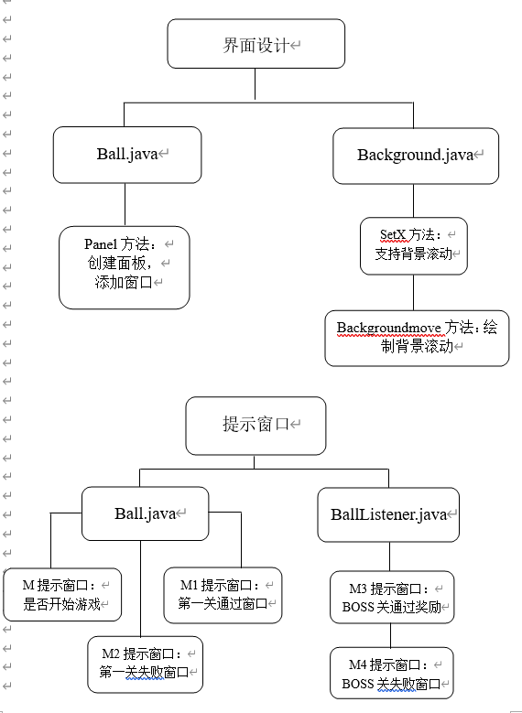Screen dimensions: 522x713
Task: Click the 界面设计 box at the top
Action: click(x=256, y=44)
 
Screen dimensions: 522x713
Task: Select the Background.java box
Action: click(x=416, y=156)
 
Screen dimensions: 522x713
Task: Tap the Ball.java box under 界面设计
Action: click(x=127, y=155)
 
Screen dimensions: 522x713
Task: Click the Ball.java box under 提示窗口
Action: click(x=145, y=513)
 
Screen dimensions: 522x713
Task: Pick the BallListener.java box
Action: click(x=388, y=514)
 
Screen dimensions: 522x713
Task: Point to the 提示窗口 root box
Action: click(x=256, y=426)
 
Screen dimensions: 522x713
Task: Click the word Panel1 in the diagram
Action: click(x=101, y=244)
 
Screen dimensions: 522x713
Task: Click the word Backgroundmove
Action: click(x=388, y=328)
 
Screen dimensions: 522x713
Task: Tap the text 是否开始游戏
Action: click(x=62, y=604)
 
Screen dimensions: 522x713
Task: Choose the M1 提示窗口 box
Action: click(x=223, y=595)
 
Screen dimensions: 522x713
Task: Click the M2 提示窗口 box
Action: click(x=145, y=664)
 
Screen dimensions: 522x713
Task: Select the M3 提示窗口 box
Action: click(x=392, y=597)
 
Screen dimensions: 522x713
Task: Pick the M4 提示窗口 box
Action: click(x=391, y=673)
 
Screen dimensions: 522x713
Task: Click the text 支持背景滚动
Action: click(x=414, y=254)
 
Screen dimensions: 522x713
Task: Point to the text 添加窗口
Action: click(x=124, y=283)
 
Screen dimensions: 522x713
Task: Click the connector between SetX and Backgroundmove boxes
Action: click(x=414, y=293)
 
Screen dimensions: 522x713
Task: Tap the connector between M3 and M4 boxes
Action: click(x=390, y=636)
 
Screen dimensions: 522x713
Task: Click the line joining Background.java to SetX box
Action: click(x=414, y=200)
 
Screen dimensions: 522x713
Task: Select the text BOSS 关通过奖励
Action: click(x=392, y=607)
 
